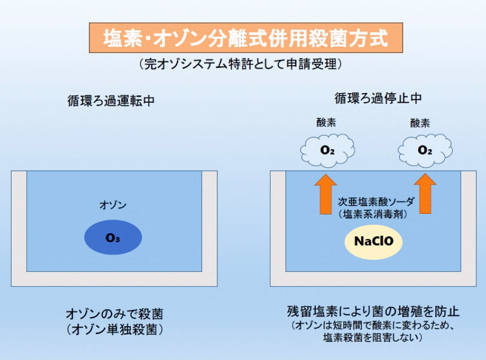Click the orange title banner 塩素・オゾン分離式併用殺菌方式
tap(246, 37)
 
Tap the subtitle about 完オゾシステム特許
tap(240, 64)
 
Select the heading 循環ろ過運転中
tap(111, 101)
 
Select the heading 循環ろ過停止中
tap(378, 98)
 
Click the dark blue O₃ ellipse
tap(113, 237)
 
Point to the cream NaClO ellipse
tap(374, 241)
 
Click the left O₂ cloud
tap(327, 150)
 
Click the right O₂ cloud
tap(425, 150)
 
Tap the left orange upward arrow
tap(325, 194)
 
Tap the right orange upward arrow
tap(425, 194)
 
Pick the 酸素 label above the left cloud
tap(326, 122)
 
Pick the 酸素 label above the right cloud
tap(420, 123)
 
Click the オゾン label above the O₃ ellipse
tap(113, 205)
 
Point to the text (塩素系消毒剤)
tap(373, 214)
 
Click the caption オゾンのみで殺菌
tap(114, 314)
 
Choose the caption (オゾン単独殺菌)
tap(114, 329)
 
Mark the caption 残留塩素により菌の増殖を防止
tap(373, 311)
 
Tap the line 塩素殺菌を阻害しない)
tap(373, 337)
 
